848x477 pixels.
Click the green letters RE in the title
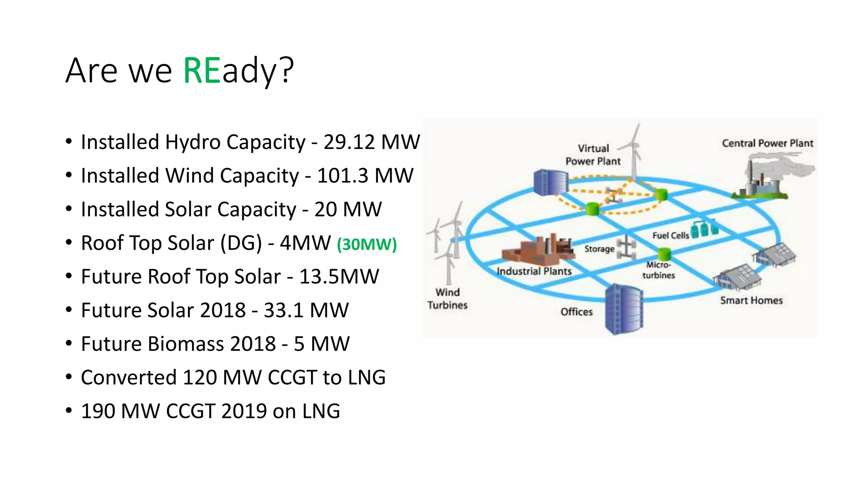[x=202, y=71]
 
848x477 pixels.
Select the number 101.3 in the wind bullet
[x=342, y=176]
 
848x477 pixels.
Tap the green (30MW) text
[x=367, y=244]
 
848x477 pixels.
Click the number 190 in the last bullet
[x=98, y=411]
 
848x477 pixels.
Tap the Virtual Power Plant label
[x=593, y=154]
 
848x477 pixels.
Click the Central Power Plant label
[x=767, y=143]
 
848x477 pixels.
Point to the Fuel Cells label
[x=670, y=236]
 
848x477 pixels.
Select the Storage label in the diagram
[x=599, y=249]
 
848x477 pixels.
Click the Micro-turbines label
[x=658, y=270]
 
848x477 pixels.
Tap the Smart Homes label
[x=751, y=301]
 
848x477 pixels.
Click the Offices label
[x=576, y=312]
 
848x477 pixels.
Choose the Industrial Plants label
[x=534, y=271]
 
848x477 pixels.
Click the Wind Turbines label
[x=447, y=299]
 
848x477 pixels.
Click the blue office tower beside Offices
[x=624, y=309]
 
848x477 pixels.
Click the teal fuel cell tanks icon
[x=704, y=229]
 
